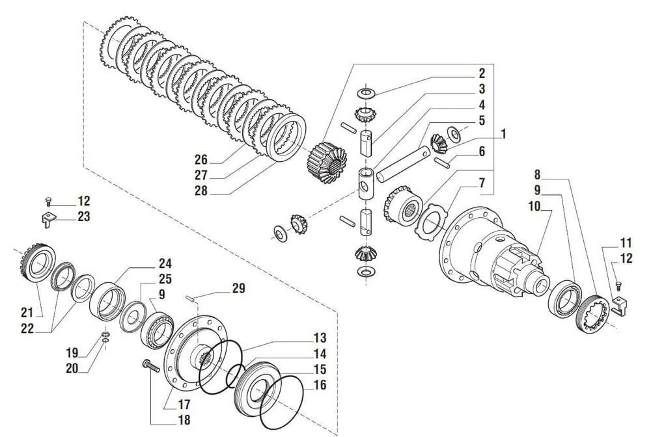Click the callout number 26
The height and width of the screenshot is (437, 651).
pos(201,159)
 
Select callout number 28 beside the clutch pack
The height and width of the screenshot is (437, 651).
pos(201,191)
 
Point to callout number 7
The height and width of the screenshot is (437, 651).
pos(481,183)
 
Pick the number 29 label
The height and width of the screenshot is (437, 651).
pos(239,288)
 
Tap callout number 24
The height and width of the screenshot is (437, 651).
pos(165,264)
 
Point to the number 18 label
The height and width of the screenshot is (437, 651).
pos(184,420)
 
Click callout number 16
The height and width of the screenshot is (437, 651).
pos(319,385)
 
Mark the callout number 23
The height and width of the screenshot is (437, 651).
pos(83,217)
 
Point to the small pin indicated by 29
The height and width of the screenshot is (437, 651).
pos(191,299)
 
